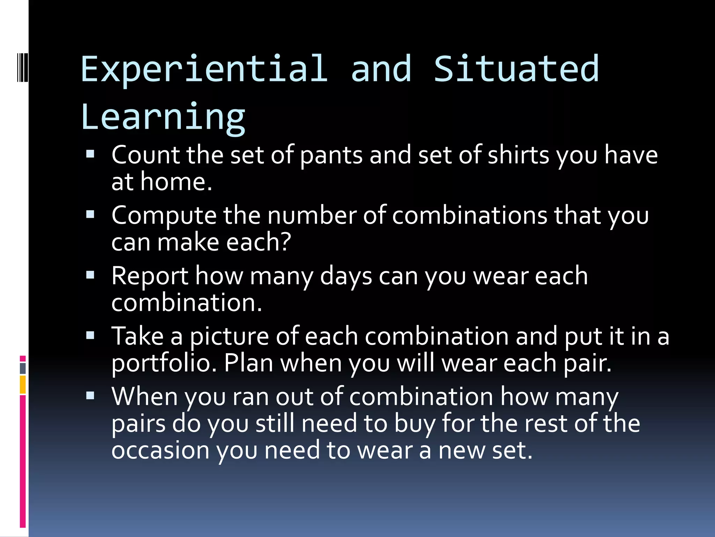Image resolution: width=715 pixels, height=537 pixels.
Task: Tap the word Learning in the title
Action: (163, 117)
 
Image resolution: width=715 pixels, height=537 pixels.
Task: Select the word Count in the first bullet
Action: (145, 155)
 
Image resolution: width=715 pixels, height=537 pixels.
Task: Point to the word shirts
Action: (518, 155)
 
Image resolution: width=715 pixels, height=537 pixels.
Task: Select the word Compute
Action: (164, 216)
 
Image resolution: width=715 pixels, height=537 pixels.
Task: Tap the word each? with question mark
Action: (258, 242)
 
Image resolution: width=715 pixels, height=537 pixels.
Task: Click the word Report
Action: (150, 277)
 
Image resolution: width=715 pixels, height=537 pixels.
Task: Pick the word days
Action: (346, 277)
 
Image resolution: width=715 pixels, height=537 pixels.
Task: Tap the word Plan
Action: (248, 363)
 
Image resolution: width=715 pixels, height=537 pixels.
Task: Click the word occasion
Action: (160, 450)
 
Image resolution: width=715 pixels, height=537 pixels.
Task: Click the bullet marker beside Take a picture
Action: (90, 336)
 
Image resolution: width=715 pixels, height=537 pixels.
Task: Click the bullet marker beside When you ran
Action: (90, 396)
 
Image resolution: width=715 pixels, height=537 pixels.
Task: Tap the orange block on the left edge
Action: (23, 385)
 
